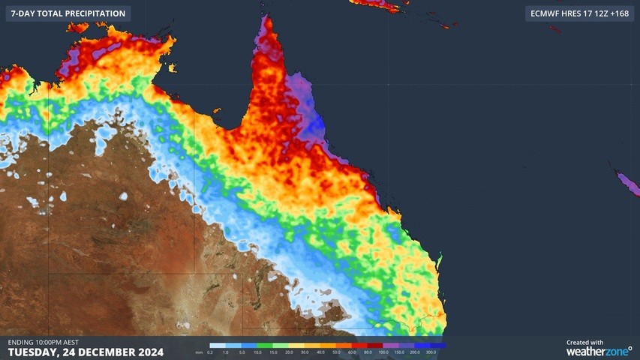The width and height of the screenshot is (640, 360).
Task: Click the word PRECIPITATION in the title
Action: point(92,13)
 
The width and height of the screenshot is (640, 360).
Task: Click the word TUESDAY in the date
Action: point(35,352)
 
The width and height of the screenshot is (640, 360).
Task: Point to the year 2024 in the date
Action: point(148,352)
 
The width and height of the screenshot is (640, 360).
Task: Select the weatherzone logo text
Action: point(598,351)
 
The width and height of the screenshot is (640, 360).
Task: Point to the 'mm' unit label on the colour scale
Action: point(199,352)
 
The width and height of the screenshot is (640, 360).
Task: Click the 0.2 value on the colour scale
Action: point(210,352)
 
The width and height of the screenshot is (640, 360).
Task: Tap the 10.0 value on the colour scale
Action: point(257,352)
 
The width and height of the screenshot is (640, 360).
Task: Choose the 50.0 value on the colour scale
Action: point(336,352)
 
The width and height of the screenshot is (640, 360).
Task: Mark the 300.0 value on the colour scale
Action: point(431,352)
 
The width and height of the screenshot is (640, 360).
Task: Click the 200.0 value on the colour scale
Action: point(415,352)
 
